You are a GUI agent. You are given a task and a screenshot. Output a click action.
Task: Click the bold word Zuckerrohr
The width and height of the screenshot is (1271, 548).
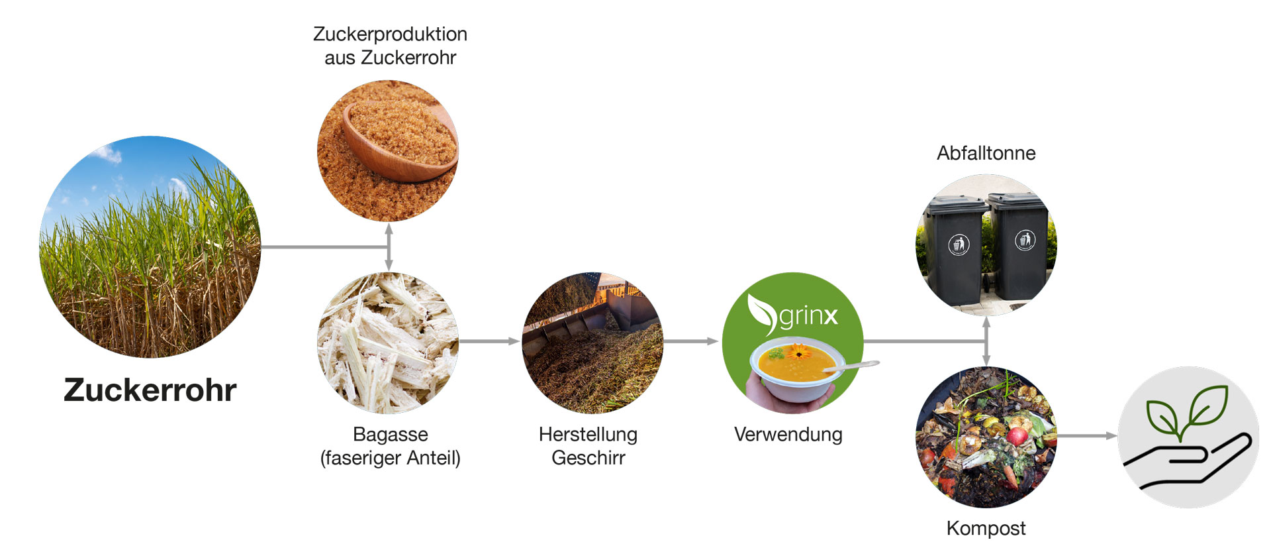point(150,390)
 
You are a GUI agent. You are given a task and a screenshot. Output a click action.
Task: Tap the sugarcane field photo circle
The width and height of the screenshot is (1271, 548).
point(150,247)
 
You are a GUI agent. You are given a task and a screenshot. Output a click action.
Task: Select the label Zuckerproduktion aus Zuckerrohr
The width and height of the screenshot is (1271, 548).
point(390,46)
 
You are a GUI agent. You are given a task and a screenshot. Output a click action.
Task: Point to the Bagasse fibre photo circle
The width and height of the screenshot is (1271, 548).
point(388,343)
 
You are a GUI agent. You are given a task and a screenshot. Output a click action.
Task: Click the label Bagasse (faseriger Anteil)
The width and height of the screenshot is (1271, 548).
point(390,446)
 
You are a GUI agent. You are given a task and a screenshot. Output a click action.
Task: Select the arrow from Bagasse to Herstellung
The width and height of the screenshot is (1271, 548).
point(489,341)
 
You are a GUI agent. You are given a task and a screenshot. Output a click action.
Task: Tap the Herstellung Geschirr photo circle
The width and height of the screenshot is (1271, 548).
point(592,343)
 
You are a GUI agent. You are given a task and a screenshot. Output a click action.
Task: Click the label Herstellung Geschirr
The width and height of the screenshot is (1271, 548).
point(588,446)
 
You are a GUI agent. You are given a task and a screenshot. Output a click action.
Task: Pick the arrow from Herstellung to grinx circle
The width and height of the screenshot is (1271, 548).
point(691,341)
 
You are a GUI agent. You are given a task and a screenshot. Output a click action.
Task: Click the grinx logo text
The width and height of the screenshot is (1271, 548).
point(808,315)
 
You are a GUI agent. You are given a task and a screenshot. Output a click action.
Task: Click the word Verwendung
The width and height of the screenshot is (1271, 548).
point(788,435)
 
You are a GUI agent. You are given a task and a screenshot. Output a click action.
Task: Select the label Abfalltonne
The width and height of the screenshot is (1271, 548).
point(986,153)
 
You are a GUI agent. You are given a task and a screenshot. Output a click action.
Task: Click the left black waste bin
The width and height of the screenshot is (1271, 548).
point(955,250)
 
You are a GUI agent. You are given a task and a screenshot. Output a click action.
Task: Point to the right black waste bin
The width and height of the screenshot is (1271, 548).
point(1019,247)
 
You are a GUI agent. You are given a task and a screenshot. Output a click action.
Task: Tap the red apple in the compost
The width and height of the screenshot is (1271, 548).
point(1017,435)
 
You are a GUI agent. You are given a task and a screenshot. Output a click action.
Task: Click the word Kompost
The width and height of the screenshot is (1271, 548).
point(986,529)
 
